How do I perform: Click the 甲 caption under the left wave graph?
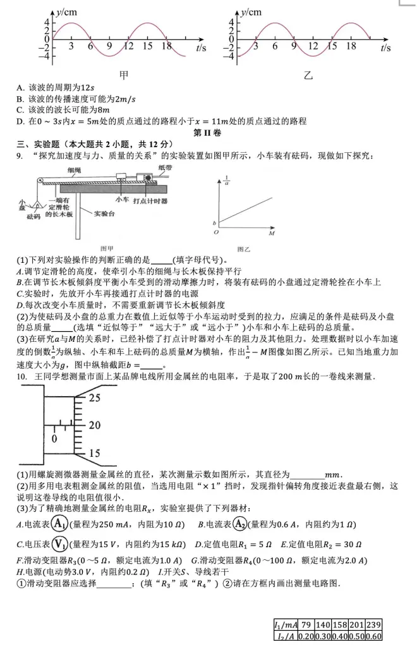[124, 75]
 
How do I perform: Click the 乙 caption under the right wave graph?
[308, 75]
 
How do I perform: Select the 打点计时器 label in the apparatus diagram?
[150, 200]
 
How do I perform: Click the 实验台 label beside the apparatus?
[104, 214]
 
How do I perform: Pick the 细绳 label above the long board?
[74, 171]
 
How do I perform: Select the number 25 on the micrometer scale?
[95, 398]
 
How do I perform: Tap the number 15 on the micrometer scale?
[94, 453]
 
